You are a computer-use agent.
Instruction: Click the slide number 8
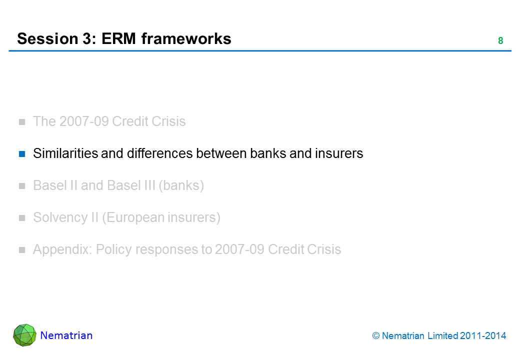(x=500, y=41)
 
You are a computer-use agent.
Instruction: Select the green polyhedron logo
(x=24, y=335)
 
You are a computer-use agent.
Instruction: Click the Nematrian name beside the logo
(x=66, y=335)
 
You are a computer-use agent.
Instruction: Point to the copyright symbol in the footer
(x=376, y=336)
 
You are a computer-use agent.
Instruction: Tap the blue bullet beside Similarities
(x=22, y=153)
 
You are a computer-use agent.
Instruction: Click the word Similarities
(x=65, y=153)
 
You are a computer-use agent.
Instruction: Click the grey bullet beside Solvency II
(x=22, y=218)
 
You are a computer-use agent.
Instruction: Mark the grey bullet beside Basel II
(x=22, y=186)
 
